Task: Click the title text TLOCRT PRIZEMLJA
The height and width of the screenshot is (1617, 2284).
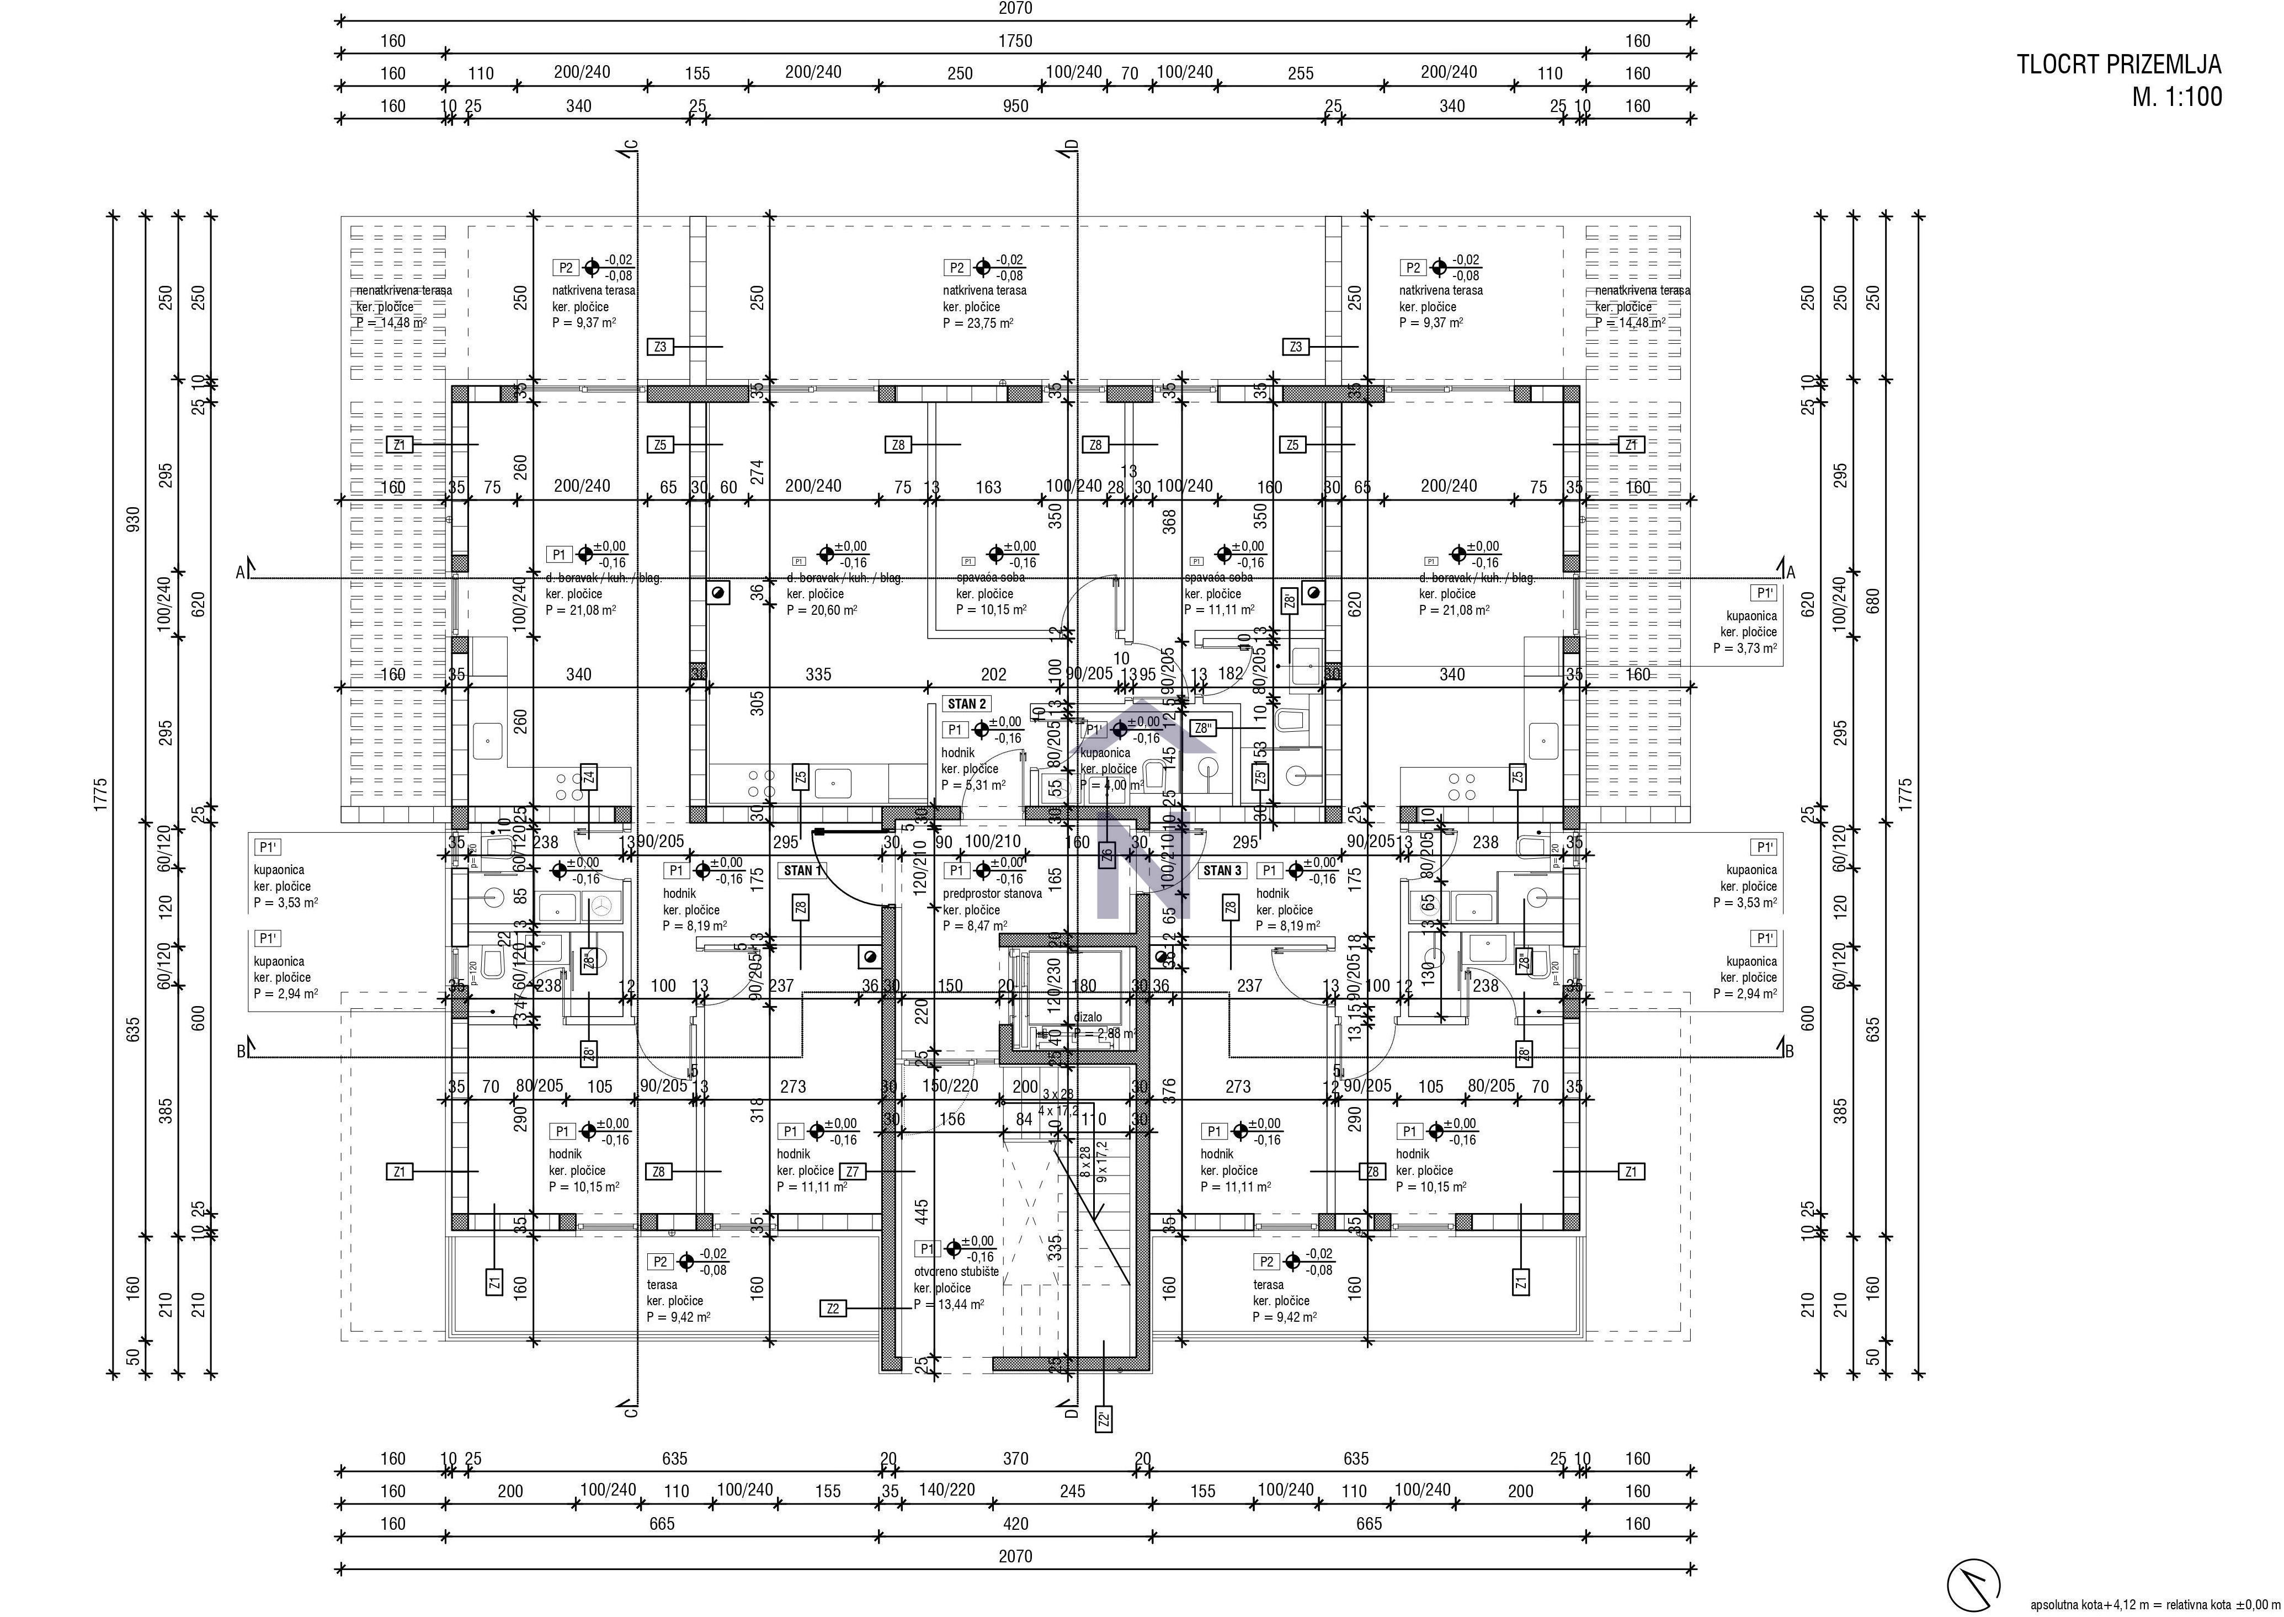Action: pos(2118,65)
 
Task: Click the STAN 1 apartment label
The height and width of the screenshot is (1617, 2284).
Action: pos(802,870)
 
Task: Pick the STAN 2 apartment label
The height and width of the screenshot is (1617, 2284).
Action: pos(966,704)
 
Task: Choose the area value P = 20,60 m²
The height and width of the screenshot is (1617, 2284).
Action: pos(822,610)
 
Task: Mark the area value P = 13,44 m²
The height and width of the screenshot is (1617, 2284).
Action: pos(948,1304)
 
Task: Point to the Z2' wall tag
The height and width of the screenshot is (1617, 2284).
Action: pos(1103,1419)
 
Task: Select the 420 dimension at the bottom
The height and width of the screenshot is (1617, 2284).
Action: pos(1015,1523)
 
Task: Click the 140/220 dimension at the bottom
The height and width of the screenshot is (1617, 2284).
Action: pos(947,1491)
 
